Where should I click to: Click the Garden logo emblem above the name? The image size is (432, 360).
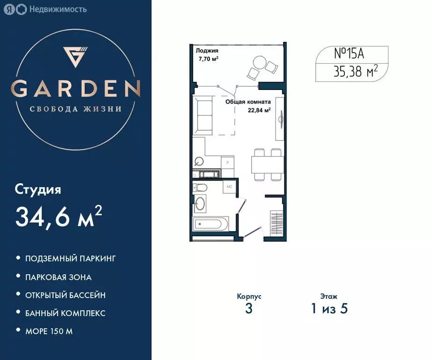[75, 57]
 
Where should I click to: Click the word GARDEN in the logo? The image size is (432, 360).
[75, 88]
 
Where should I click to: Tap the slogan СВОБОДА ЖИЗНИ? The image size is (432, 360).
[75, 109]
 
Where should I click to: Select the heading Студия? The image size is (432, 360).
[38, 190]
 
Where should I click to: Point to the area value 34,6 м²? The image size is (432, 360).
[59, 216]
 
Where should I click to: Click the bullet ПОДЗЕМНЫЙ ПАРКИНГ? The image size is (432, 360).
[70, 258]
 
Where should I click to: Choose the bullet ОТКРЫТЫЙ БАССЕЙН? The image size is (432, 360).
[65, 295]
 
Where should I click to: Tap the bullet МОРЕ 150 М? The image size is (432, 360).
[49, 331]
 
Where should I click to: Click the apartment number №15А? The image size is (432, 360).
[349, 53]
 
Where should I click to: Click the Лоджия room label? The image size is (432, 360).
[207, 51]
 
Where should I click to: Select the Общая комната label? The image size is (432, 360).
[248, 101]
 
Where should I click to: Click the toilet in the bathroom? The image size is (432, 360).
[201, 188]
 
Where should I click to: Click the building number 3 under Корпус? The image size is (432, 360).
[249, 309]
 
